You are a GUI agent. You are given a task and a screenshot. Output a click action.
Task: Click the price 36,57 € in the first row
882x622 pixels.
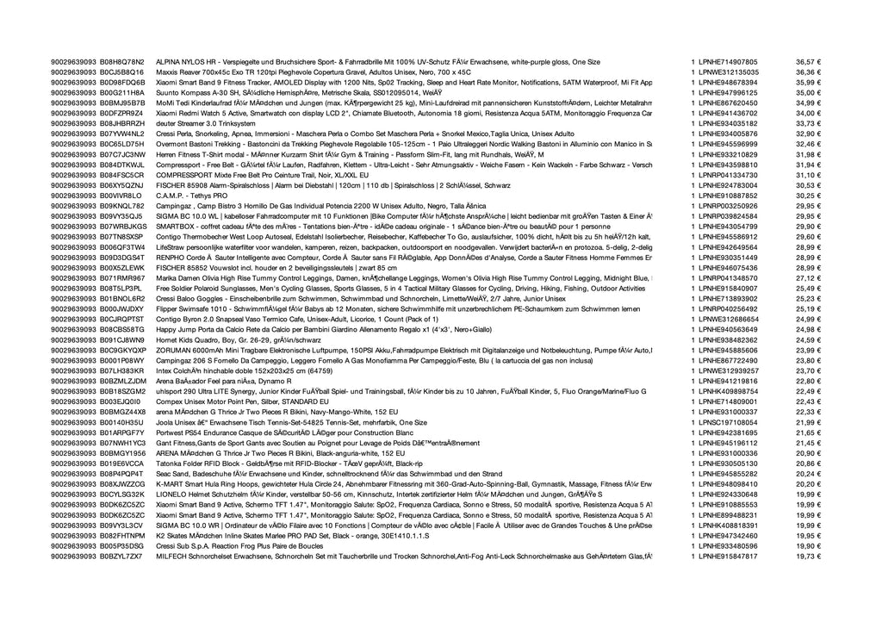[808, 62]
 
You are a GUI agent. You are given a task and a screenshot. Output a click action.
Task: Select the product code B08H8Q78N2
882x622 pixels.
[122, 62]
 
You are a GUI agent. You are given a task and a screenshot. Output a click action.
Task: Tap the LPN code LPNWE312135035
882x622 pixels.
[730, 72]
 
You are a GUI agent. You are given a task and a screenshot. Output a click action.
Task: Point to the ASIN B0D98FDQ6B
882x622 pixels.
[122, 82]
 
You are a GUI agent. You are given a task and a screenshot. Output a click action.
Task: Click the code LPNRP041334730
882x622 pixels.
[730, 175]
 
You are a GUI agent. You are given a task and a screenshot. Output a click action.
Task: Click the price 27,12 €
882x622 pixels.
[808, 277]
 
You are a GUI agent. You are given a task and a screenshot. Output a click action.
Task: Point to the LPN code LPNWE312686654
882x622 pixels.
[730, 318]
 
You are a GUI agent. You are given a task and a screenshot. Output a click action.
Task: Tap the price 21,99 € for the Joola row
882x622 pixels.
[808, 422]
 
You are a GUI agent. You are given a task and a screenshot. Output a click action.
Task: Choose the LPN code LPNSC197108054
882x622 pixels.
[730, 422]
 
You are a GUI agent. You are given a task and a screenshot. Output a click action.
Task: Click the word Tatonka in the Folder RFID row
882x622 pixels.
[170, 463]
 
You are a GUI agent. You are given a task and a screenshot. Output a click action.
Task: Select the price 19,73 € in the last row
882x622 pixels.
[808, 556]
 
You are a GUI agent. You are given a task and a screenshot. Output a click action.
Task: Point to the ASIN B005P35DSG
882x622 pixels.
[122, 545]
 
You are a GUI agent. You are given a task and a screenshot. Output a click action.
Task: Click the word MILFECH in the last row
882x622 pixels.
[171, 556]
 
